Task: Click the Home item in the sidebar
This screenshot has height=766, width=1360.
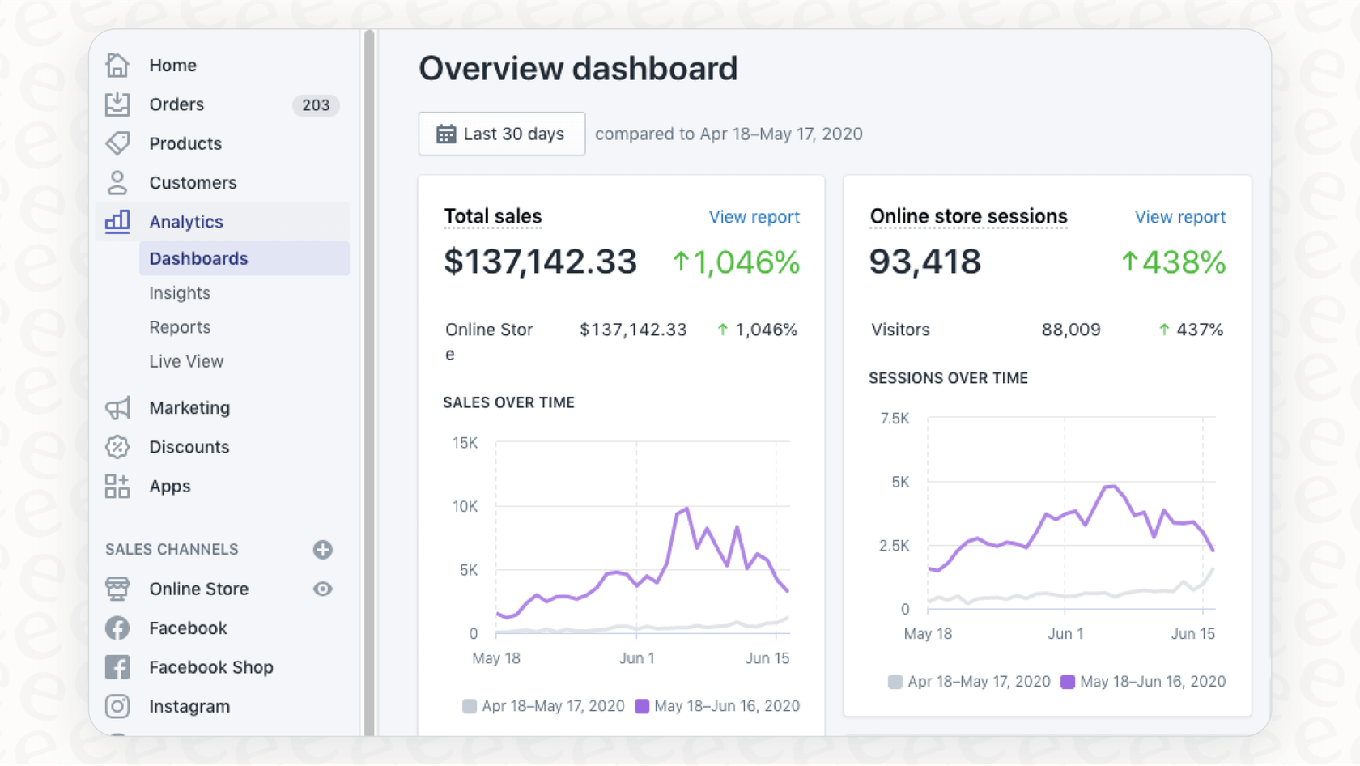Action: (x=172, y=66)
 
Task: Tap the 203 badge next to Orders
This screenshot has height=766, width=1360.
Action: (x=316, y=105)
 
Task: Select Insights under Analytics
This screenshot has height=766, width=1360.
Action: (x=180, y=293)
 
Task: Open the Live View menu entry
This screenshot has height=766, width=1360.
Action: (x=186, y=362)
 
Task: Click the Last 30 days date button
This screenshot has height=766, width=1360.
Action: (x=501, y=134)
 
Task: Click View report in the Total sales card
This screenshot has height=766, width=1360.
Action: (x=754, y=217)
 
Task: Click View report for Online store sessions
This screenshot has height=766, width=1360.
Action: (x=1179, y=217)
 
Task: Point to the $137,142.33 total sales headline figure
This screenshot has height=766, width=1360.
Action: (x=540, y=262)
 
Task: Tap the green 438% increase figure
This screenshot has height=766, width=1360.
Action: (x=1174, y=262)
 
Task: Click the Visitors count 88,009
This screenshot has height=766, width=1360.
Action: (x=1070, y=330)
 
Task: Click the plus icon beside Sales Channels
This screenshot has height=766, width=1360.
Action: (x=322, y=550)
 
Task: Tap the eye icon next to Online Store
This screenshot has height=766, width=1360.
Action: (x=322, y=589)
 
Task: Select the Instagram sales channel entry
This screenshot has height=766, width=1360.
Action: (x=189, y=707)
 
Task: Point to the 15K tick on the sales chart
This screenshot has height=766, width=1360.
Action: (x=465, y=443)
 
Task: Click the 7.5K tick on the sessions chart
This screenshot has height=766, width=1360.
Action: (x=895, y=419)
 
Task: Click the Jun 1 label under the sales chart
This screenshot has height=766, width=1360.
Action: (x=636, y=658)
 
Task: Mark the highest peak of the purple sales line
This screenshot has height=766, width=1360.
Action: (x=686, y=509)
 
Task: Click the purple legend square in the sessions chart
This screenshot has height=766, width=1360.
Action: (x=1068, y=682)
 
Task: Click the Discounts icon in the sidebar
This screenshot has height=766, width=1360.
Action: (x=117, y=447)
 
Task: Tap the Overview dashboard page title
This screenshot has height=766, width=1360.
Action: (x=577, y=69)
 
